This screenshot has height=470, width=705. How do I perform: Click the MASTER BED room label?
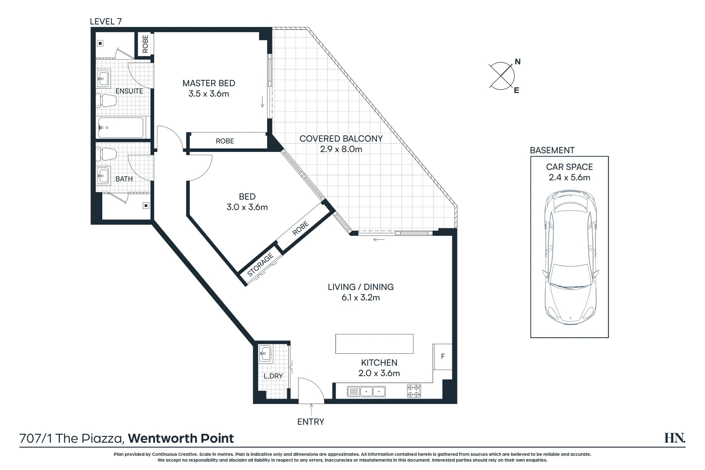pyautogui.click(x=208, y=83)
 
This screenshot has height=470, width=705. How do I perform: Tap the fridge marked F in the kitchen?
pyautogui.click(x=443, y=356)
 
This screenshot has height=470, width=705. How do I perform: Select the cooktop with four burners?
pyautogui.click(x=414, y=391)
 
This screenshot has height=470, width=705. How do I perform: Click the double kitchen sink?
pyautogui.click(x=366, y=392)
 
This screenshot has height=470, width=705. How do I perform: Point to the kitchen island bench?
pyautogui.click(x=374, y=344)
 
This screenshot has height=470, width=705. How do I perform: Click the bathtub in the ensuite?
pyautogui.click(x=121, y=128)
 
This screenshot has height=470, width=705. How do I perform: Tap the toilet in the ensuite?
pyautogui.click(x=106, y=101)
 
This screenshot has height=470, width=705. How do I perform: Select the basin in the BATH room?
pyautogui.click(x=104, y=176)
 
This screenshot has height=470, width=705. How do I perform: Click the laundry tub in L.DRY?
pyautogui.click(x=265, y=353)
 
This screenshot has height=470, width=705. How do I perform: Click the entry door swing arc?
pyautogui.click(x=311, y=389)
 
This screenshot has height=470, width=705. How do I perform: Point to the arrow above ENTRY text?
pyautogui.click(x=311, y=410)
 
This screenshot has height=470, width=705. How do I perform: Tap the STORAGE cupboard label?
pyautogui.click(x=260, y=265)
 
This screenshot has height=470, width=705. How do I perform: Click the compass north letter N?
pyautogui.click(x=517, y=62)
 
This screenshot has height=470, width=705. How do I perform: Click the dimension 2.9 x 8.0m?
pyautogui.click(x=341, y=149)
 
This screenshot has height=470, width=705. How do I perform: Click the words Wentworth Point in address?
pyautogui.click(x=181, y=438)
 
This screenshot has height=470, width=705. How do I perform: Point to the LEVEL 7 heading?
pyautogui.click(x=105, y=21)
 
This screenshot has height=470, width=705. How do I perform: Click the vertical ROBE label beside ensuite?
pyautogui.click(x=145, y=44)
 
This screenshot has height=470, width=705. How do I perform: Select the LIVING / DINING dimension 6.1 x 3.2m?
pyautogui.click(x=360, y=298)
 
